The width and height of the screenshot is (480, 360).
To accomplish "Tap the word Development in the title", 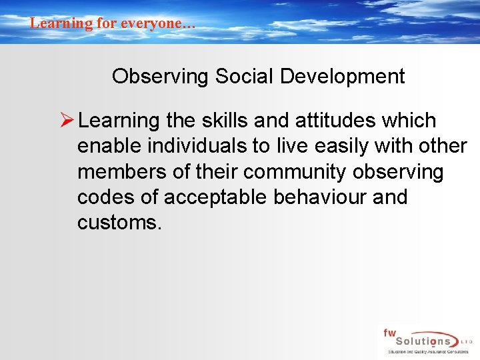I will (342, 77).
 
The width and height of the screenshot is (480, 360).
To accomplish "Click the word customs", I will (119, 223).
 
